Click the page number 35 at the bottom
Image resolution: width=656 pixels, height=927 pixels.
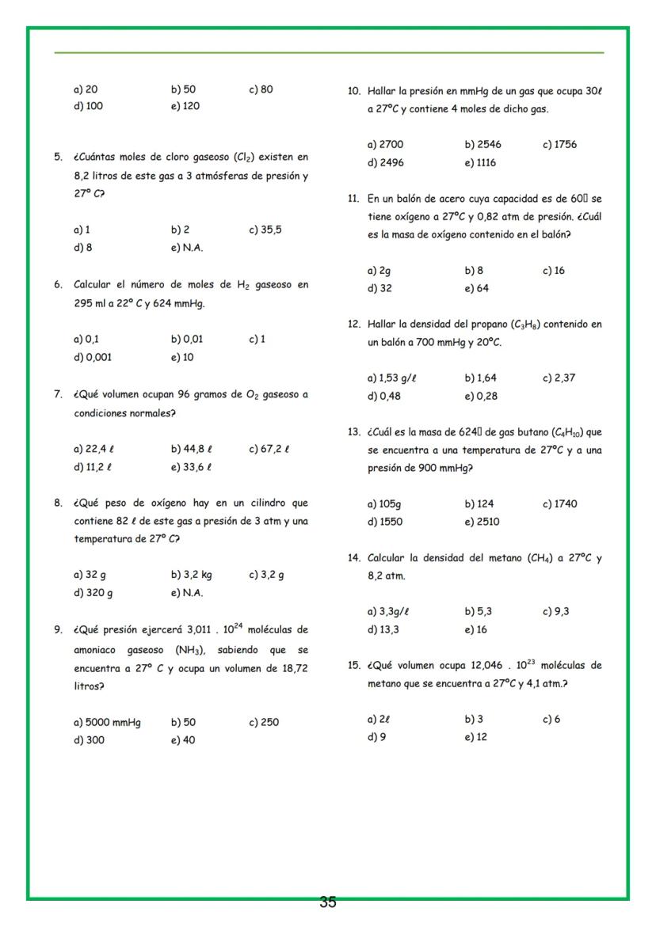coord(328,902)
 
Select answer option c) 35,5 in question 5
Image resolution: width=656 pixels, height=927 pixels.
coord(265,230)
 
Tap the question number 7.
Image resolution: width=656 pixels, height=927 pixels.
coord(58,393)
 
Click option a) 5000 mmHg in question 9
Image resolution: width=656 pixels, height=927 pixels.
coord(106,722)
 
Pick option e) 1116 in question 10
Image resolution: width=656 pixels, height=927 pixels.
coord(481,163)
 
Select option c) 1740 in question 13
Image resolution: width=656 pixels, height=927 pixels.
coord(559,503)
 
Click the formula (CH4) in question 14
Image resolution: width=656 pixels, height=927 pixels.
coord(541,558)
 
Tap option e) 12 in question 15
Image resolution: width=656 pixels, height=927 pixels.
coord(476,738)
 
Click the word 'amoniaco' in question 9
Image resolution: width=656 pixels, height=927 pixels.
coord(97,650)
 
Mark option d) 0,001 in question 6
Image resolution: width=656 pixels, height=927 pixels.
coord(93,357)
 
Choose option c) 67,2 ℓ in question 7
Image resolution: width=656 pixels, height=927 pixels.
coord(269,449)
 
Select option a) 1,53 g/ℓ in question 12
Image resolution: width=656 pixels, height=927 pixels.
coord(392,378)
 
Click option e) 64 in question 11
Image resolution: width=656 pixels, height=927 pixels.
coord(477,289)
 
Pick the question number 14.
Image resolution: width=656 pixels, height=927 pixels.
coord(354,558)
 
